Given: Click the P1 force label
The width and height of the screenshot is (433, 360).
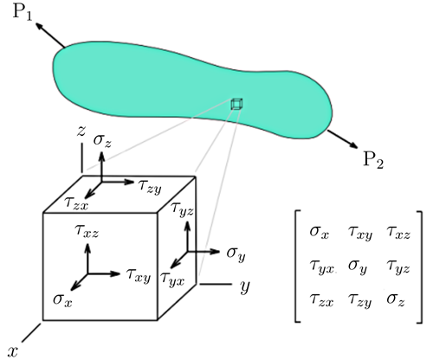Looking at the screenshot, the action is point(23,13).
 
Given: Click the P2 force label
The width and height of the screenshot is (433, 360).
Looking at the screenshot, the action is point(373,159).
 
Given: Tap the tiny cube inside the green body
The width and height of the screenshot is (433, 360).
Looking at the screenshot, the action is point(236,104).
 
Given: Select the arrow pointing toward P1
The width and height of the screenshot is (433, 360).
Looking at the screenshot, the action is point(49,35).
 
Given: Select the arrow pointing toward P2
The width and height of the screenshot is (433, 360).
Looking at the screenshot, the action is point(343,139).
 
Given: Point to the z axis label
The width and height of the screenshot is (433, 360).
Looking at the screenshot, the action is point(81,131).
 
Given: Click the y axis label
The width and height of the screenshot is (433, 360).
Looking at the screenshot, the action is point(244,286).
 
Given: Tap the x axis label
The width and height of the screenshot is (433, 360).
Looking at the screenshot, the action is point(13,352).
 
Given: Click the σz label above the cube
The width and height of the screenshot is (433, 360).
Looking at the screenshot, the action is point(102,141).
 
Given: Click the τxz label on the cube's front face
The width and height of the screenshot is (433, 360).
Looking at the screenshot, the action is point(87,231).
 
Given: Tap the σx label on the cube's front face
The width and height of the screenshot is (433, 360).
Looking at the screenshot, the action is point(62,300).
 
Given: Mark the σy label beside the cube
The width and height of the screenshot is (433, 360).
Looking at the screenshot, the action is point(236,254).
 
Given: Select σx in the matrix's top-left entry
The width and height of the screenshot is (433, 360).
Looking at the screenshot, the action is point(319,233).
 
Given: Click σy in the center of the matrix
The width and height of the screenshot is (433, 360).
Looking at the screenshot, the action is point(358,267).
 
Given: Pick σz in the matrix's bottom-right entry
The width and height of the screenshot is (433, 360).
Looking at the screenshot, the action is point(396,299).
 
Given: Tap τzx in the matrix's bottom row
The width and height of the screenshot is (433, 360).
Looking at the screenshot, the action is point(321,299).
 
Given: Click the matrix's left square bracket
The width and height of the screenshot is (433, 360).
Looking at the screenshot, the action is point(297,267).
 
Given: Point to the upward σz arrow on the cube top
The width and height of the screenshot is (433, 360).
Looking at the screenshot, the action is point(101,167).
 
